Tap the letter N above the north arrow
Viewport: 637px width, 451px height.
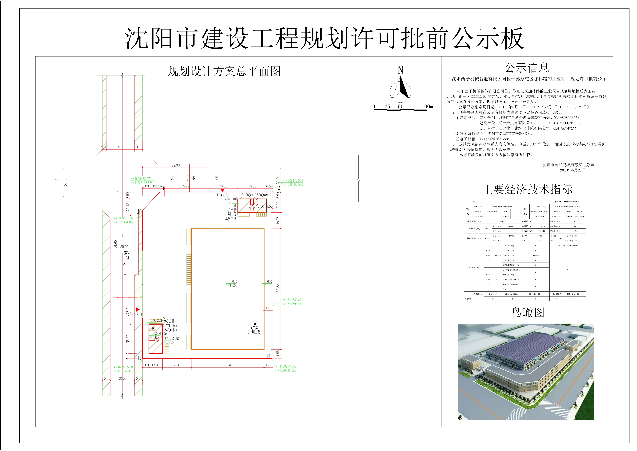(x=400, y=70)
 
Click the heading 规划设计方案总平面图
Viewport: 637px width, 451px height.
(x=224, y=71)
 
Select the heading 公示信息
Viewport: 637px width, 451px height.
(x=527, y=68)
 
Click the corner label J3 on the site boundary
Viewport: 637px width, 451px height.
(x=275, y=300)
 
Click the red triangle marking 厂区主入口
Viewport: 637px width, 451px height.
(x=222, y=190)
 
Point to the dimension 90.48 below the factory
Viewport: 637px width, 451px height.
(x=228, y=365)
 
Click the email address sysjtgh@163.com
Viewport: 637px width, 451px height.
(x=494, y=139)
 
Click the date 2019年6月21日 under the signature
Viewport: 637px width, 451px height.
(x=572, y=170)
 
